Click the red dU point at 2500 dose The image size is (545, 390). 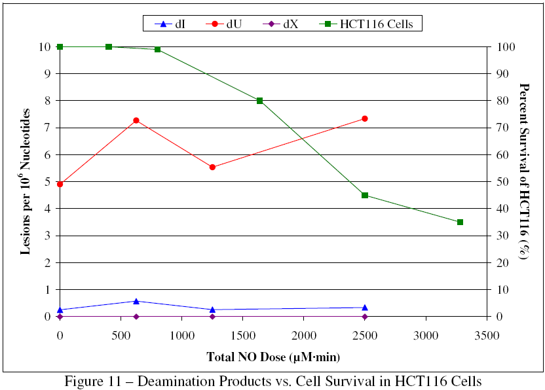(x=365, y=118)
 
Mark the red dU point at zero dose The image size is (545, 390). (x=60, y=184)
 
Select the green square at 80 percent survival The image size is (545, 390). (x=259, y=101)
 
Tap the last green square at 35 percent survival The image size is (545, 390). (x=460, y=222)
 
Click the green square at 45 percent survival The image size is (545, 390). (x=365, y=195)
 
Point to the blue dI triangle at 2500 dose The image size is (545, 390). (x=365, y=307)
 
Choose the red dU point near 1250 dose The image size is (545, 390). (x=212, y=167)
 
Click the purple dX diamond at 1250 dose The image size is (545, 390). (x=212, y=317)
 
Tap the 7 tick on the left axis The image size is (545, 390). (x=47, y=128)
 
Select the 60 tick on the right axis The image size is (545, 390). (x=502, y=155)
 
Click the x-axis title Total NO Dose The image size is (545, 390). (x=273, y=357)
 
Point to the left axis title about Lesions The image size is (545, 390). (x=26, y=181)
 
